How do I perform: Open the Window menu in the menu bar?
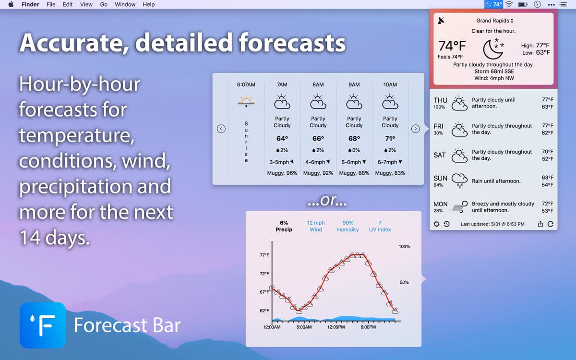[125, 4]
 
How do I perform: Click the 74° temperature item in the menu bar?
[494, 4]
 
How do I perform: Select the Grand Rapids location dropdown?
[494, 21]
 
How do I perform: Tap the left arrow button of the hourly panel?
[221, 129]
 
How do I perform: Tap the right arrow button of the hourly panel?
[416, 129]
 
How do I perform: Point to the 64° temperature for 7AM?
[282, 139]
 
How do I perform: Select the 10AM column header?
[390, 84]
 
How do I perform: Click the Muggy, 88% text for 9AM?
[354, 173]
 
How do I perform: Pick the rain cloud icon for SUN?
[459, 180]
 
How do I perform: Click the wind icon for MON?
[459, 207]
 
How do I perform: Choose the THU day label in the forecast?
[440, 100]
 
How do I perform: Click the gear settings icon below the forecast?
[436, 224]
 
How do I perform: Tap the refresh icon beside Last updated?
[550, 224]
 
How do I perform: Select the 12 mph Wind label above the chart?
[316, 226]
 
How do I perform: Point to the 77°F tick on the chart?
[264, 255]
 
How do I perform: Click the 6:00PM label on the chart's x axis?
[368, 327]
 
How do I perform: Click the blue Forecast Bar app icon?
[43, 325]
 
